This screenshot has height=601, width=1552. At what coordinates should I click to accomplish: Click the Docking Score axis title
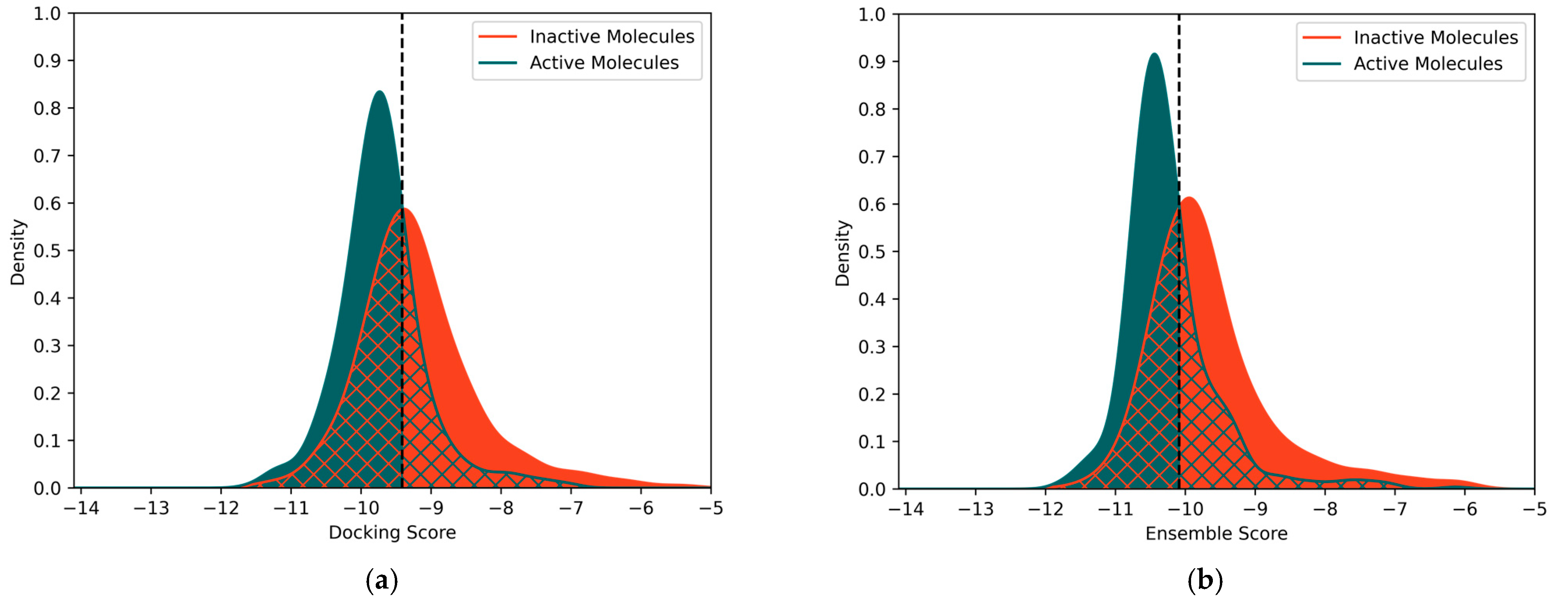coord(392,532)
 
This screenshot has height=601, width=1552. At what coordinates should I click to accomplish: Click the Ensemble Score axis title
coord(1216,534)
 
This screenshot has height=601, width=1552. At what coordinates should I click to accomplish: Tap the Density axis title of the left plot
coord(18,252)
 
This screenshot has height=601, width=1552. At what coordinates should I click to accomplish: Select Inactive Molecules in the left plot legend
coord(612,37)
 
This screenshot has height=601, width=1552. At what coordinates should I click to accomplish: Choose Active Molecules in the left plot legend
coord(604,63)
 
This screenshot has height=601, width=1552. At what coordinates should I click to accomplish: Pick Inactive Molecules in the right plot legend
coord(1435,38)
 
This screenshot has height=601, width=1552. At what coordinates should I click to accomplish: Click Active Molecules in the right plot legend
coord(1428,64)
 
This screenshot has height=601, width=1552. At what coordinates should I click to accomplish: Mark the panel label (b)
coord(1205,580)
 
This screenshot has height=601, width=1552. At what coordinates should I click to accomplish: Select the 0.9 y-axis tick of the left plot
coord(47,61)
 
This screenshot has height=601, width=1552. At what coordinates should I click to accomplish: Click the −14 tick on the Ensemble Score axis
coord(906,509)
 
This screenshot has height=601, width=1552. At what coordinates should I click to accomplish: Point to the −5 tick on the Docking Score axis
coord(711,508)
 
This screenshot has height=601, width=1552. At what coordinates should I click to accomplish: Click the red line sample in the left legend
coord(498,37)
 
